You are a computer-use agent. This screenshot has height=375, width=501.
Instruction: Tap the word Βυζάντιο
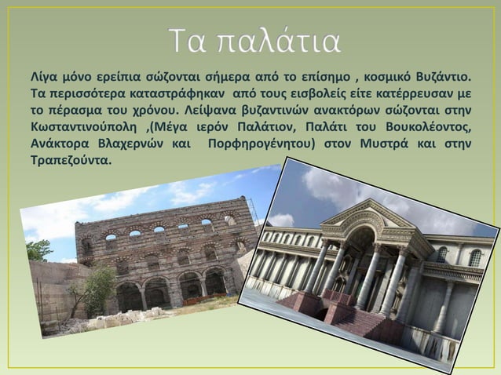pos(445,78)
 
